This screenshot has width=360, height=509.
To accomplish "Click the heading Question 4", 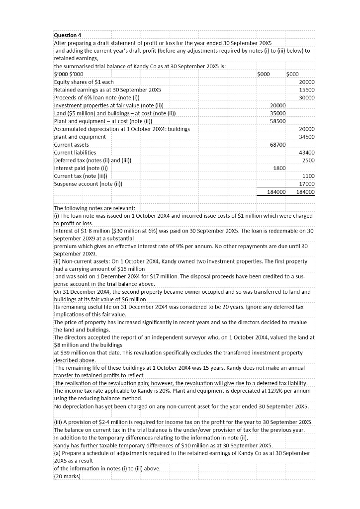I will tap(68, 35).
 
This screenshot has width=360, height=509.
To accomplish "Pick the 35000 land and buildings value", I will tap(277, 113).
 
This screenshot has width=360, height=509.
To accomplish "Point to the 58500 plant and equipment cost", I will tap(277, 121).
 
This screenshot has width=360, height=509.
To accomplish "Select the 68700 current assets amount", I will tap(277, 144).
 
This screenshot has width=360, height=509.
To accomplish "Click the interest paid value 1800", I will tap(279, 168).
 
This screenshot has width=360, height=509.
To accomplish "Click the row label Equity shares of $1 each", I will tap(84, 82).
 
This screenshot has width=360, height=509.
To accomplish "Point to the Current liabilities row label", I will tap(75, 152).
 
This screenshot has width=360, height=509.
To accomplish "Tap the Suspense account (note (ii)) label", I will tap(87, 184).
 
